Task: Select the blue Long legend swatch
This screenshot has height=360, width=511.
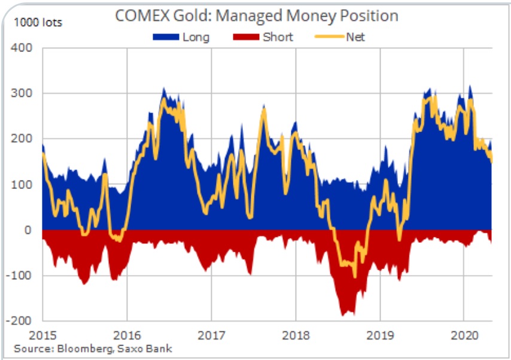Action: coord(166,37)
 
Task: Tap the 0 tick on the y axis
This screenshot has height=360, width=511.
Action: coord(28,230)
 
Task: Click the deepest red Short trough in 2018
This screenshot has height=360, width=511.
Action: coord(343,315)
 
